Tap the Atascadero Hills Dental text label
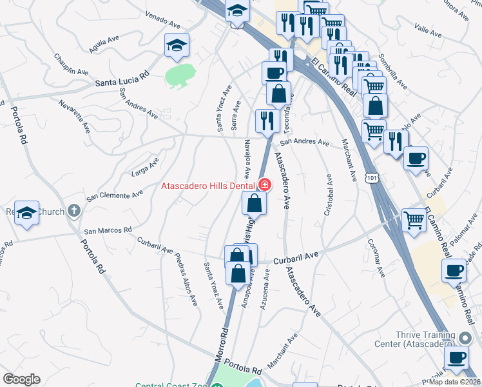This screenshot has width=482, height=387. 209,186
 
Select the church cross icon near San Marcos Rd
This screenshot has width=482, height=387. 74,210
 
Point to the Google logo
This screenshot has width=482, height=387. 21,379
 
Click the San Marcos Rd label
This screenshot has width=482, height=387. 108,230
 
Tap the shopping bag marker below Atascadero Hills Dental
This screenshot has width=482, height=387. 255,204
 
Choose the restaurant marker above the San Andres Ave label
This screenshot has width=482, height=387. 266,121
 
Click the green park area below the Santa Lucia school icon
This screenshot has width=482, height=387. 180,74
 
